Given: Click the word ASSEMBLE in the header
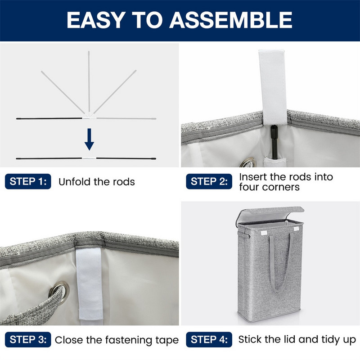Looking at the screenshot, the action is (x=231, y=20).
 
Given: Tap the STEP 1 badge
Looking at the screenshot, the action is (x=28, y=181).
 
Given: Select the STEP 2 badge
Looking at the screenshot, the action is (x=209, y=181).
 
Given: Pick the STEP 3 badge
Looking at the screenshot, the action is (x=28, y=340).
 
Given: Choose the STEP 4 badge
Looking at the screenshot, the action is (x=209, y=340).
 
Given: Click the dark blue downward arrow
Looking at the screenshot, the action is (x=89, y=139).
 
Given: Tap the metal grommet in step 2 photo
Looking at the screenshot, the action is (x=248, y=162).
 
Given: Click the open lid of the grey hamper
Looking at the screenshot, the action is (x=270, y=215).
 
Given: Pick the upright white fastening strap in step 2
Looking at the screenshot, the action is (x=273, y=87).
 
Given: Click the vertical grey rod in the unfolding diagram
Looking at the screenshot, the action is (x=89, y=82).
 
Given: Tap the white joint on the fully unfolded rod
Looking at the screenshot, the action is (x=89, y=158).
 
